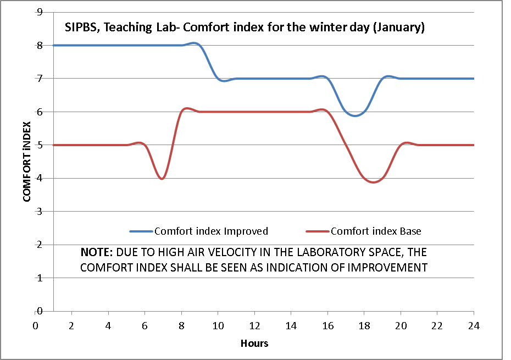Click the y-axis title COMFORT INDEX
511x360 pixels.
point(26,162)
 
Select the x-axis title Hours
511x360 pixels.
point(254,343)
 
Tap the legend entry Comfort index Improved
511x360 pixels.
point(211,231)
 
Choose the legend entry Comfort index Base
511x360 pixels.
point(376,231)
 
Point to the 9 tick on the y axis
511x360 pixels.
point(39,12)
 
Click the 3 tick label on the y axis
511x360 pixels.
point(39,212)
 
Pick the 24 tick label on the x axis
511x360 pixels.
point(474,325)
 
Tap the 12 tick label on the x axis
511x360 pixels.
point(254,325)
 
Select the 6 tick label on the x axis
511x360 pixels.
point(145,325)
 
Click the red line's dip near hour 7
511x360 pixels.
point(162,179)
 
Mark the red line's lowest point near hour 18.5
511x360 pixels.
point(374,182)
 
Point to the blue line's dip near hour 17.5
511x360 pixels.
point(356,115)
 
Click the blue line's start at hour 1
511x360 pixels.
point(54,45)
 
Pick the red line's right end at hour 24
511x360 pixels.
point(473,145)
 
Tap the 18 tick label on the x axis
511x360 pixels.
point(364,325)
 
